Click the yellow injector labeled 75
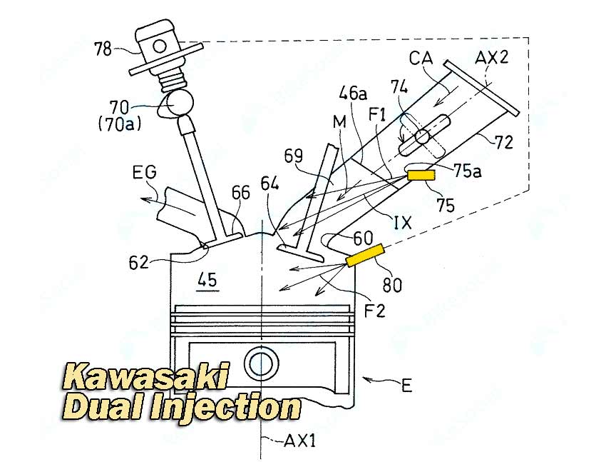click(421, 175)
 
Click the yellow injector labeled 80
click(365, 256)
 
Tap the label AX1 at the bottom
click(300, 441)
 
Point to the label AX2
click(491, 58)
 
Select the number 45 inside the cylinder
click(207, 280)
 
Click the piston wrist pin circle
click(262, 363)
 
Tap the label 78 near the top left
click(103, 49)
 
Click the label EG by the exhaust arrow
click(145, 172)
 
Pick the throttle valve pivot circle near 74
click(422, 136)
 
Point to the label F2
click(374, 311)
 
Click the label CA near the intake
click(421, 58)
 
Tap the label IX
click(402, 223)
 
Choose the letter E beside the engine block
click(406, 386)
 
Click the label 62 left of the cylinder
click(139, 263)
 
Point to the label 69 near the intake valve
click(293, 156)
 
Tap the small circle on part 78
click(159, 46)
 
